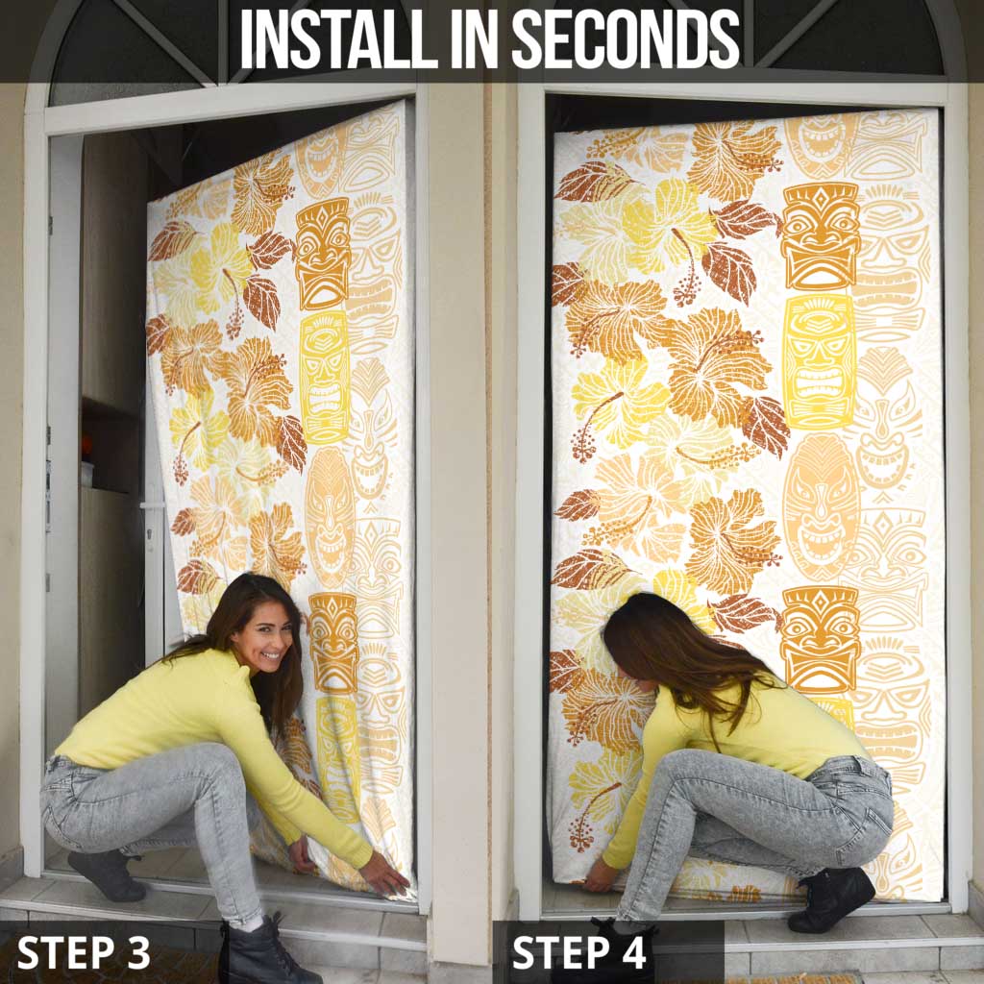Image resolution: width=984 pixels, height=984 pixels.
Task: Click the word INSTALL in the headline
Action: coord(339,38)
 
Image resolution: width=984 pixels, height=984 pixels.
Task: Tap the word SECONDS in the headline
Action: coord(627,38)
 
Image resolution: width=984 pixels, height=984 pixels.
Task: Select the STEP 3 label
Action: coord(84,952)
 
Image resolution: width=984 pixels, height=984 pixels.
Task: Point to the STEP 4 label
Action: coord(579,952)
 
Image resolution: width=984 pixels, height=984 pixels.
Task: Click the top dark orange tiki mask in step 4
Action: coord(821,237)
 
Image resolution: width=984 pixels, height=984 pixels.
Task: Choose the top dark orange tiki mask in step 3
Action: coord(323,254)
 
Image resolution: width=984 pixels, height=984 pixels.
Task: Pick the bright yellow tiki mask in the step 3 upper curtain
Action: coord(324,378)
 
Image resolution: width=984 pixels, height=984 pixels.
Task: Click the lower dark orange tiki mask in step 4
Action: coord(821,640)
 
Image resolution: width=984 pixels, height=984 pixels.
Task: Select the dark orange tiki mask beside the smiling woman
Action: coord(332,643)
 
